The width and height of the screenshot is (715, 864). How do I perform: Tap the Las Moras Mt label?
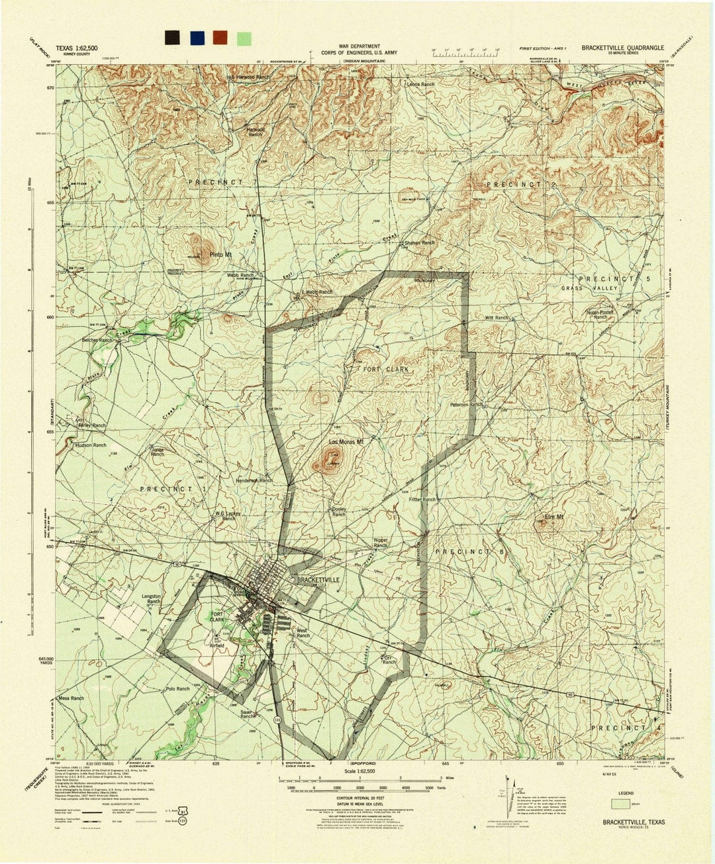[x=347, y=441]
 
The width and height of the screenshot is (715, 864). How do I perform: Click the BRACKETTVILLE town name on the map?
[x=318, y=579]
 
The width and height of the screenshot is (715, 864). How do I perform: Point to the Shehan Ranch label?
[x=419, y=243]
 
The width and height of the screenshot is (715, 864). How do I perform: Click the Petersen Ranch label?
[x=466, y=404]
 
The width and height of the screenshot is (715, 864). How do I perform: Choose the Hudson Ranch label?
[x=90, y=445]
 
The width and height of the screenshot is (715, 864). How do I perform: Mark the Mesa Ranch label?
[x=70, y=698]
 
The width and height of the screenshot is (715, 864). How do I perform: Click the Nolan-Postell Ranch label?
[x=600, y=314]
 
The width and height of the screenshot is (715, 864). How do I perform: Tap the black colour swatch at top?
[x=174, y=37]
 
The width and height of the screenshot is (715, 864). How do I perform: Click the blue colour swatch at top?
[x=197, y=37]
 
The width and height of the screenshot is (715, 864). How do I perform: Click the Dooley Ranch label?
[x=338, y=512]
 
